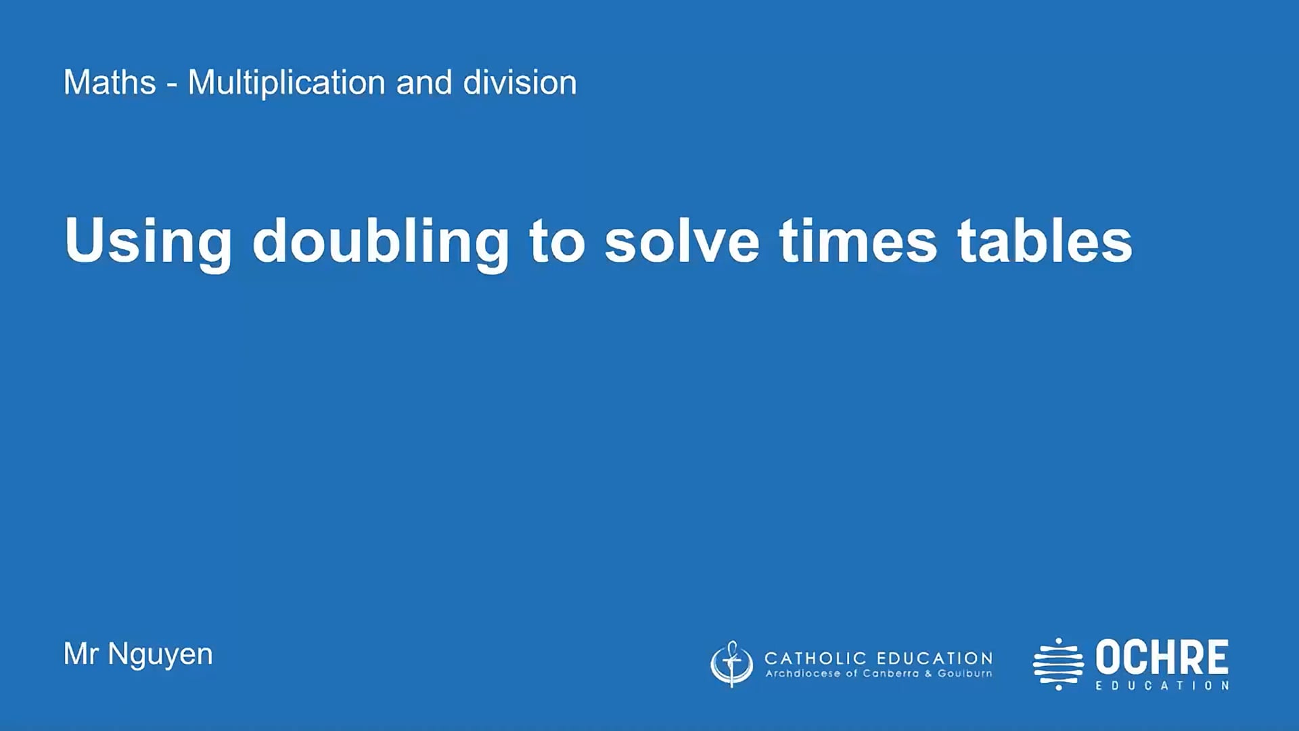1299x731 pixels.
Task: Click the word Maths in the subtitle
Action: [110, 83]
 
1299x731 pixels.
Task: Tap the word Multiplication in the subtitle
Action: [286, 83]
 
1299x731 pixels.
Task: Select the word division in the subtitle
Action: [520, 83]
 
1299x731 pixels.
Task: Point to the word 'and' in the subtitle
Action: [424, 83]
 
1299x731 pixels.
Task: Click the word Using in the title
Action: [148, 242]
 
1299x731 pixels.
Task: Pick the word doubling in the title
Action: [380, 242]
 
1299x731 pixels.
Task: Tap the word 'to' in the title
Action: [557, 242]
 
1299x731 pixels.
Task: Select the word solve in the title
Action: [682, 242]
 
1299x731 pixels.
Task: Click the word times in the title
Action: [858, 242]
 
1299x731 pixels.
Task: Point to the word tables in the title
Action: [1045, 242]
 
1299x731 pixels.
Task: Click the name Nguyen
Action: [160, 655]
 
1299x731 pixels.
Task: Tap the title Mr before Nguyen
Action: [81, 654]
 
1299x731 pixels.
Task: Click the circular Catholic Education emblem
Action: [731, 664]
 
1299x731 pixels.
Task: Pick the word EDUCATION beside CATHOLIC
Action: [935, 658]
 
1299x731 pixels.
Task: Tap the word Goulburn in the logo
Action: [965, 673]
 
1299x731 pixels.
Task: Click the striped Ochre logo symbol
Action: [1058, 664]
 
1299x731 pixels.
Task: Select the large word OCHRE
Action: [1162, 657]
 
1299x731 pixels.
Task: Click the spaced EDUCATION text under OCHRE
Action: [1162, 686]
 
